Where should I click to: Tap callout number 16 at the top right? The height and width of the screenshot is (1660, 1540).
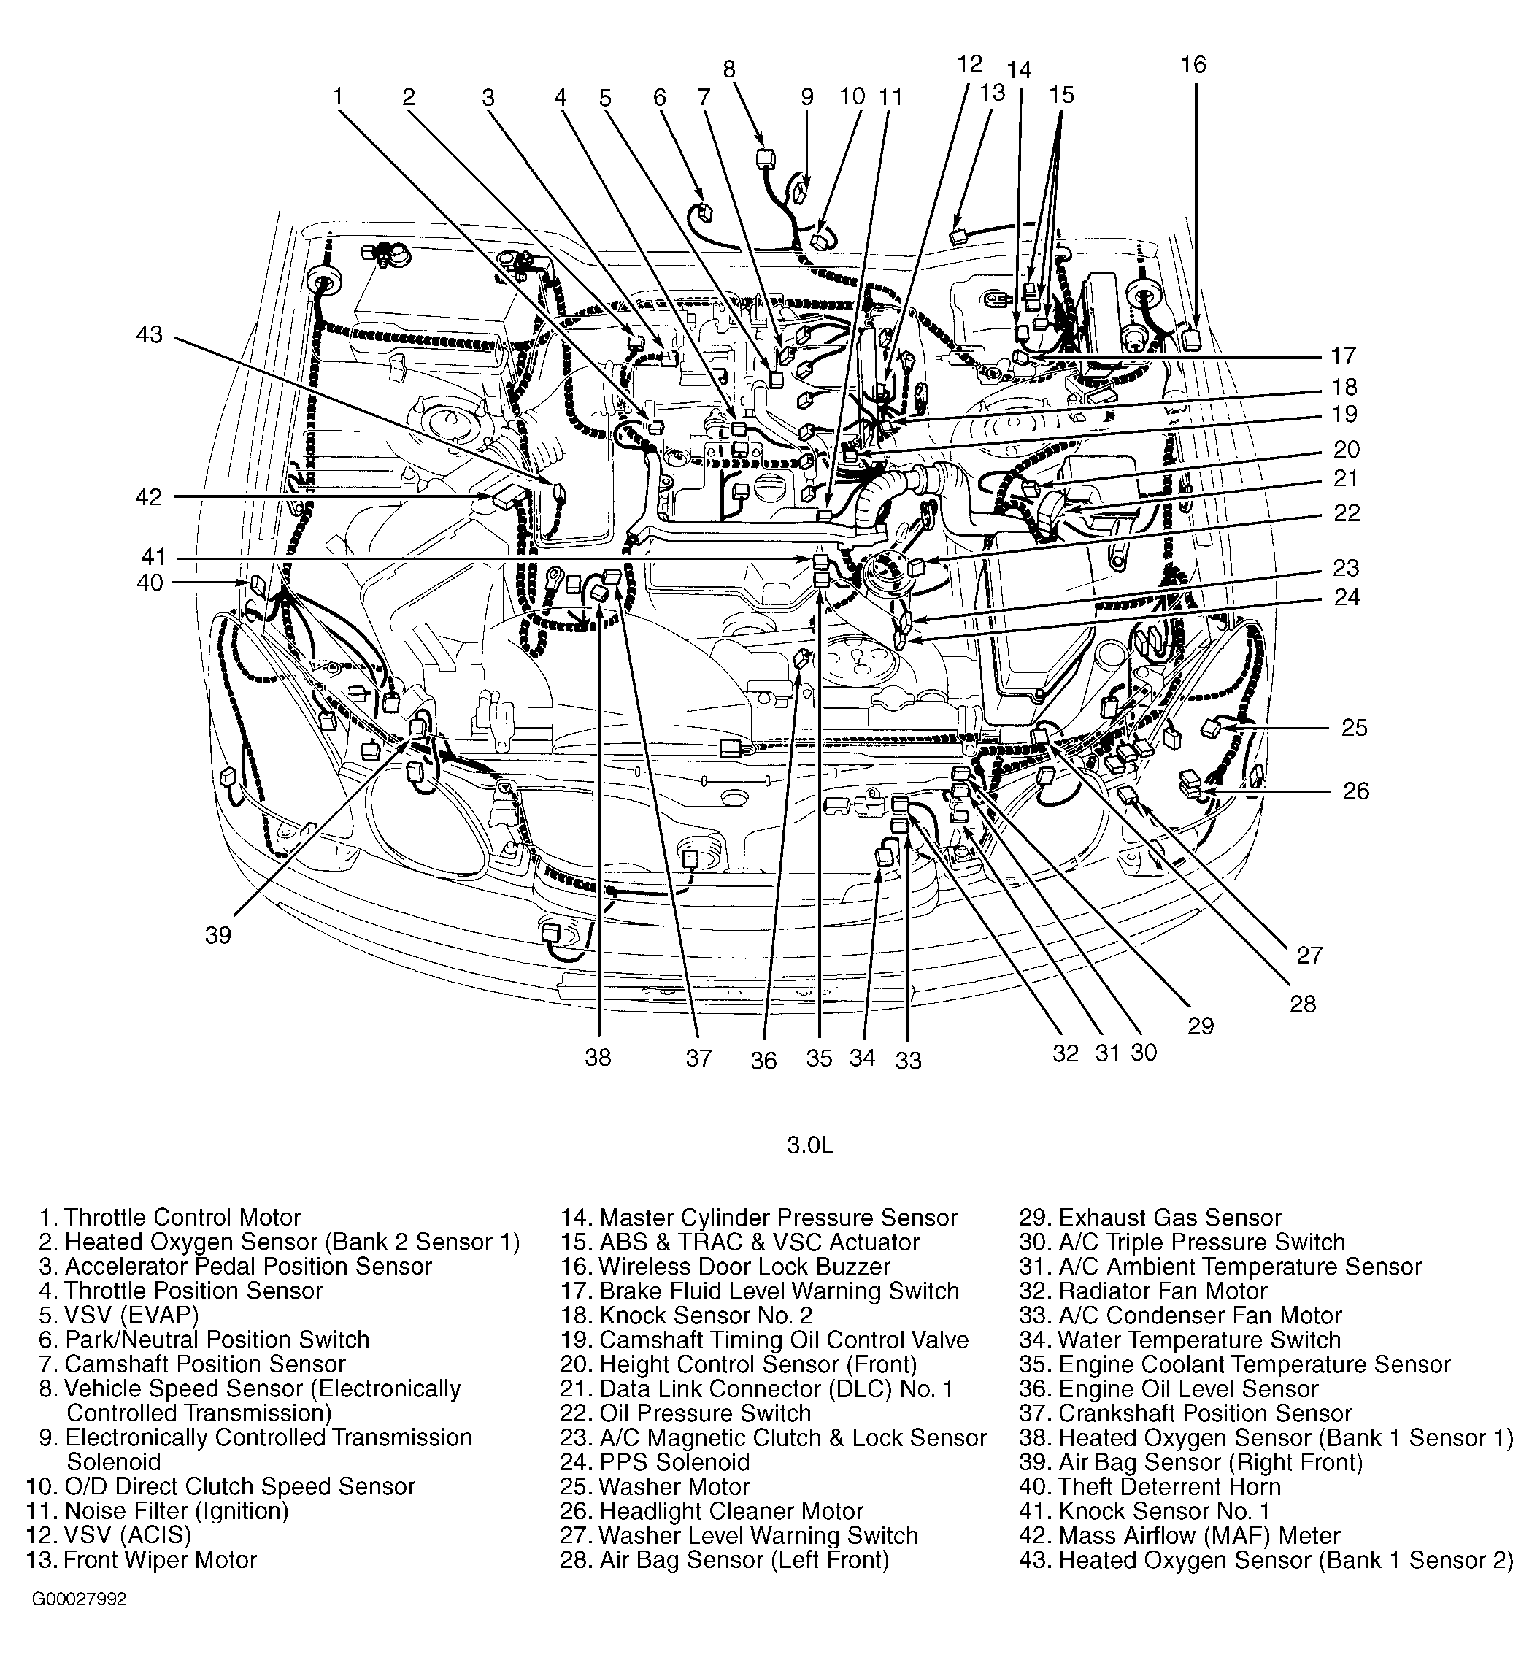[x=1193, y=65]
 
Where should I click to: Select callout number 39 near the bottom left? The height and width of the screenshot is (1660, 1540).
[x=217, y=936]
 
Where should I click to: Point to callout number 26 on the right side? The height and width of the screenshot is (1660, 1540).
[x=1355, y=790]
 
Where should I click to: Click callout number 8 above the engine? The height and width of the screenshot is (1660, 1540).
[x=729, y=69]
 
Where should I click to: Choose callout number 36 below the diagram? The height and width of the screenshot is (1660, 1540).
[x=763, y=1060]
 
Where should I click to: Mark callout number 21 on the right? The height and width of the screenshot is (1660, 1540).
[x=1346, y=478]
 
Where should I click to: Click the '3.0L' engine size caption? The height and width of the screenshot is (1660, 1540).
[x=810, y=1145]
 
